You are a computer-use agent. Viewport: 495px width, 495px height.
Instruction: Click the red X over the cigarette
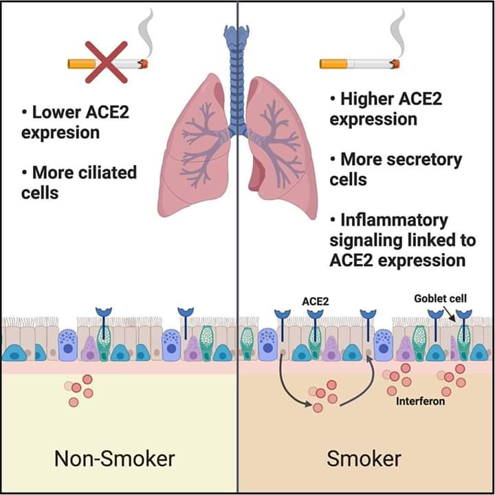click(106, 62)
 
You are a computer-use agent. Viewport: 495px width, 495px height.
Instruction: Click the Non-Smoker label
click(115, 458)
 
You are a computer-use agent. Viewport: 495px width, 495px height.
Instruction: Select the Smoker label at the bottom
click(364, 458)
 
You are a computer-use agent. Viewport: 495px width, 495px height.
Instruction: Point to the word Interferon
click(420, 400)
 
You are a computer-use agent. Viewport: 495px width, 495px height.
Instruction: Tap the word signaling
click(364, 240)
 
